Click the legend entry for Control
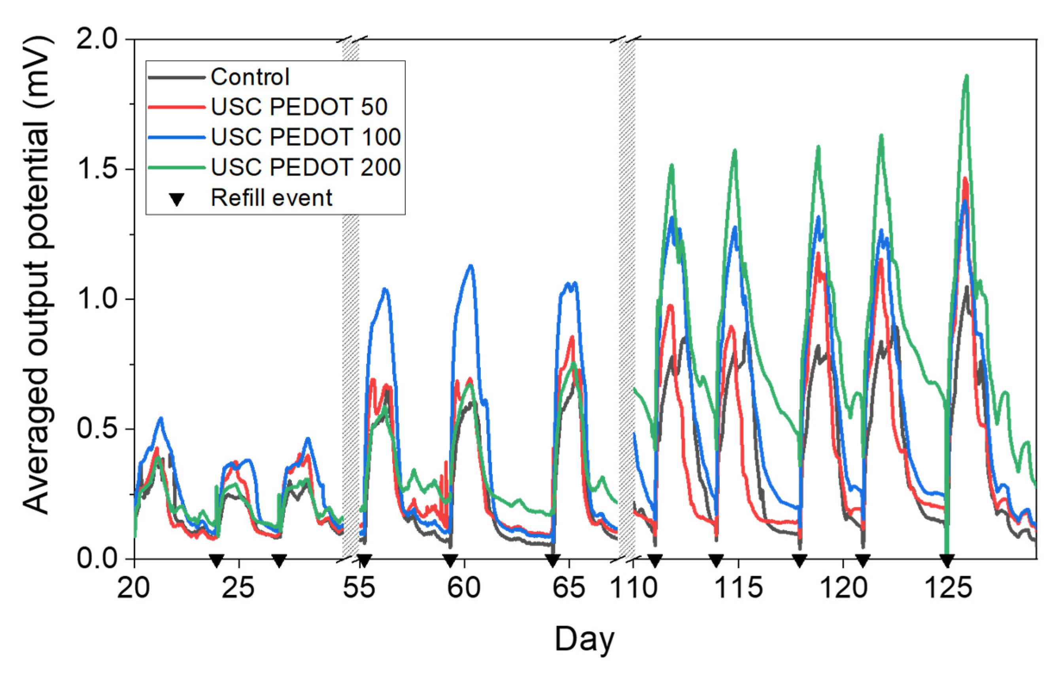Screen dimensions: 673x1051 [250, 77]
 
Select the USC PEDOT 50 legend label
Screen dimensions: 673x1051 [299, 107]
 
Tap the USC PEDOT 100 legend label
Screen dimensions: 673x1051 [306, 137]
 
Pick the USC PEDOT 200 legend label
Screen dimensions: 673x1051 [306, 167]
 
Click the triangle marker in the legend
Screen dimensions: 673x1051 [176, 199]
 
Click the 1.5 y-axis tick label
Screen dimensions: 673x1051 [97, 169]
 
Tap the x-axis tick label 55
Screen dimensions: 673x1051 [359, 588]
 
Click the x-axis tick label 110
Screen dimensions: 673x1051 [633, 588]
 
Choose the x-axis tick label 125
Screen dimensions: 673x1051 [948, 588]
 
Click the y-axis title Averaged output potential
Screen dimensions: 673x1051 [38, 275]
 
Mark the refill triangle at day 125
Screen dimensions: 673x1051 [947, 560]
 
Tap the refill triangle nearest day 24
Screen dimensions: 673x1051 [217, 560]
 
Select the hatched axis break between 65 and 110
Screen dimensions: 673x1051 [627, 297]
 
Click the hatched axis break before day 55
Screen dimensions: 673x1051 [350, 297]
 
